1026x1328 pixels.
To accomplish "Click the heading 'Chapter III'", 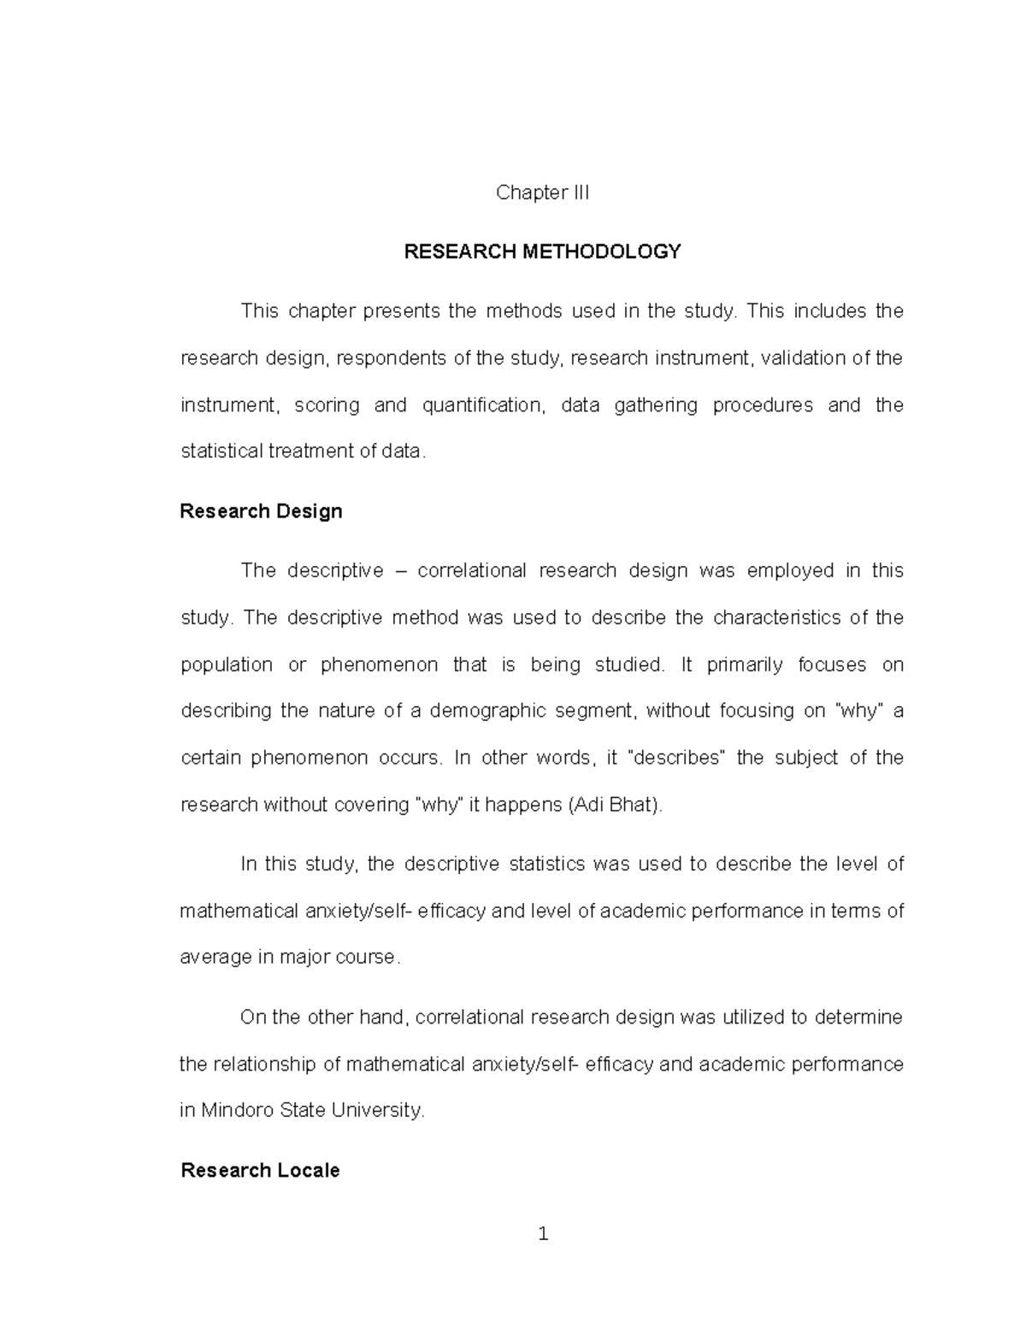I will (x=542, y=193).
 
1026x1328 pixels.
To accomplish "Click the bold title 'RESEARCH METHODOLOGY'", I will (x=542, y=251).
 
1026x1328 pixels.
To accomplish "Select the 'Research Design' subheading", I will (x=261, y=511).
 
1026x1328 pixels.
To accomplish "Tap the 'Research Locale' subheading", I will (x=260, y=1171).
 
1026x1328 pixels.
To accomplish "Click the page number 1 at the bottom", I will (x=543, y=1234).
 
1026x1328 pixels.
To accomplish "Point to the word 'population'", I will (x=227, y=665).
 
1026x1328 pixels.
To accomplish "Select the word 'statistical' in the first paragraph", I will (x=221, y=452).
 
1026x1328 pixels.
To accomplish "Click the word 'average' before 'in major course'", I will (x=215, y=958).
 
